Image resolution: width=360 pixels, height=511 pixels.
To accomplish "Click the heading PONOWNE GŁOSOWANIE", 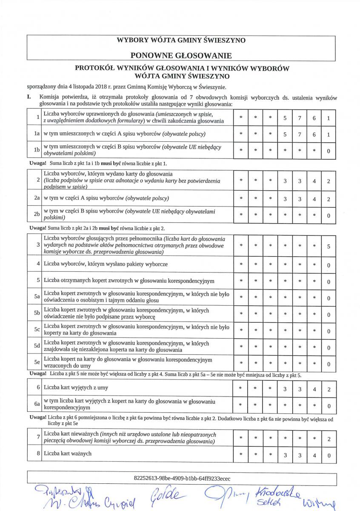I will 181,55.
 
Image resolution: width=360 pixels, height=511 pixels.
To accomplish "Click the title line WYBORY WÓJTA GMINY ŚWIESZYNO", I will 181,40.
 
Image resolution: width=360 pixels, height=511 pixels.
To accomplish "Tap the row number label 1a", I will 37,134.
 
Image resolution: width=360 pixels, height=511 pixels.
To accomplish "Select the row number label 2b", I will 37,215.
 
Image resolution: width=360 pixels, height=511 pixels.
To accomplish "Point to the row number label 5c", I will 37,330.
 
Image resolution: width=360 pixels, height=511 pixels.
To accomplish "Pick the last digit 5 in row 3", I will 329,246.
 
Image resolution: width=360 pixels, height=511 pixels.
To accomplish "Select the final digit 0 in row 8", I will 329,455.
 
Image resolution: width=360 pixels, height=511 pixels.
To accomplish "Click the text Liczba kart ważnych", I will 68,454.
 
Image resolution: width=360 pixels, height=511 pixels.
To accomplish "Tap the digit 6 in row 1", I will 314,119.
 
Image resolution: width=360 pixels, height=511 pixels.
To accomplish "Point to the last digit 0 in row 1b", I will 329,151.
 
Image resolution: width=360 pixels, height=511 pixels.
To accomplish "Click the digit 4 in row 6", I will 314,389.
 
